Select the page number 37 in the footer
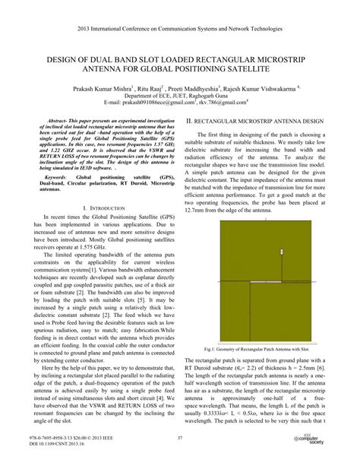coord(180,436)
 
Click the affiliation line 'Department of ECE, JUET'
coord(179,97)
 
